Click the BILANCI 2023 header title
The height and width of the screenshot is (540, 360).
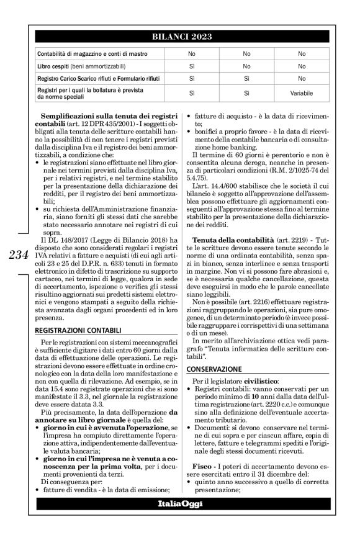(179, 37)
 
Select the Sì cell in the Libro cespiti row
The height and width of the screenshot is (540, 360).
(192, 66)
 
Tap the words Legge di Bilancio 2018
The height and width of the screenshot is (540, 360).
(128, 240)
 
